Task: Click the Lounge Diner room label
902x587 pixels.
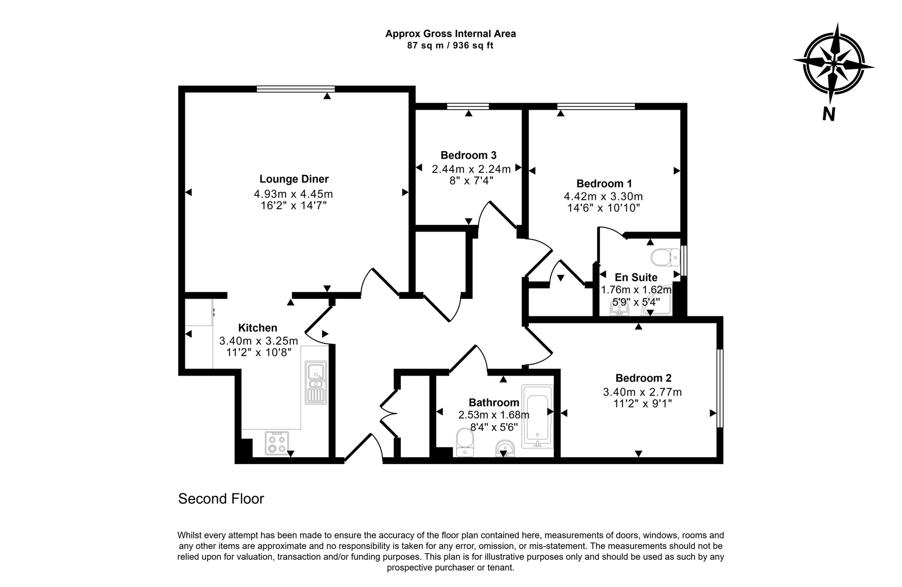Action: click(x=293, y=179)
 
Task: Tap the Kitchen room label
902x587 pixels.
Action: click(x=258, y=328)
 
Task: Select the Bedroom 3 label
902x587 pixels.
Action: click(x=468, y=155)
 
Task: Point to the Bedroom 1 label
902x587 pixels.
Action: click(x=604, y=184)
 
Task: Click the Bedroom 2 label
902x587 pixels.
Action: click(x=643, y=378)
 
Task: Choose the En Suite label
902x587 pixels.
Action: click(x=636, y=278)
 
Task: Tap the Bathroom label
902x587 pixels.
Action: click(x=493, y=403)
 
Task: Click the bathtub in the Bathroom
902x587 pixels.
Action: click(x=537, y=416)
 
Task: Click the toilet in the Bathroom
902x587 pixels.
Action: click(x=465, y=442)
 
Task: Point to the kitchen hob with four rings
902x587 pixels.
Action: click(x=277, y=442)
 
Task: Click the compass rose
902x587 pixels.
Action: click(x=833, y=64)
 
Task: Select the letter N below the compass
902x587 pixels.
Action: click(x=828, y=114)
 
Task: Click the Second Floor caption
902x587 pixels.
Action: click(x=221, y=499)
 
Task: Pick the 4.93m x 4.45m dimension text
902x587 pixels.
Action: click(x=293, y=193)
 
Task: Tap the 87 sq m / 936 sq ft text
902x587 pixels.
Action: click(x=450, y=46)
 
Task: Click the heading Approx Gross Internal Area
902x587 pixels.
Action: click(x=450, y=34)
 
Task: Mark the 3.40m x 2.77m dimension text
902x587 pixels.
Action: click(x=642, y=392)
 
